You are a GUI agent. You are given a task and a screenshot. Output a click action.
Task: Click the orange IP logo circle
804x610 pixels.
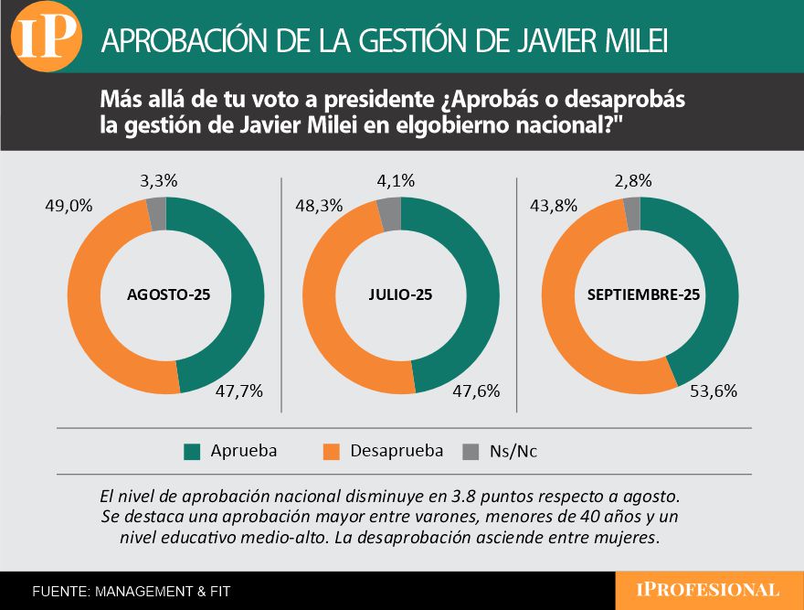[x=46, y=37]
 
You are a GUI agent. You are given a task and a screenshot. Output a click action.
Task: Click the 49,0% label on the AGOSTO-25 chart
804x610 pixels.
[x=69, y=206]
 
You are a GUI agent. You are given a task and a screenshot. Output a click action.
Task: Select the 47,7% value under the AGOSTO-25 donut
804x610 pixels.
[x=239, y=391]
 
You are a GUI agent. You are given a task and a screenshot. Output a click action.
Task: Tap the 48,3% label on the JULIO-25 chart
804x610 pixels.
[x=318, y=206]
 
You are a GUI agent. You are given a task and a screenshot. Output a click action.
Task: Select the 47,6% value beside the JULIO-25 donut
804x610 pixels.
[x=476, y=391]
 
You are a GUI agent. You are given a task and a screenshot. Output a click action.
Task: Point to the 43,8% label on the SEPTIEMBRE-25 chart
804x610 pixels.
[x=554, y=206]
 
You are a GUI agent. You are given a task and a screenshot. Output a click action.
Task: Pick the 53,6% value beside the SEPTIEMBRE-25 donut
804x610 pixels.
[x=714, y=391]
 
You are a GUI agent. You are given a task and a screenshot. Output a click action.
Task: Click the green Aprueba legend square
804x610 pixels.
[x=192, y=451]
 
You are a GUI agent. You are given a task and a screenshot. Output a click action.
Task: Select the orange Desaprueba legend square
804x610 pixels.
[x=332, y=451]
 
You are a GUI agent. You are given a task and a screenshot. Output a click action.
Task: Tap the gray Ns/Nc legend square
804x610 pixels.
[x=471, y=451]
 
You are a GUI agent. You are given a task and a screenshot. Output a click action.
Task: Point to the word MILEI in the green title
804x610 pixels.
[x=629, y=40]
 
